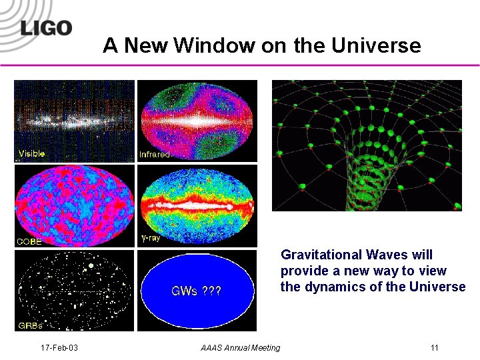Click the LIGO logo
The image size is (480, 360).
click(45, 29)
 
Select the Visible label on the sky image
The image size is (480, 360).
click(32, 154)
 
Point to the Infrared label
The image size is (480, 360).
click(155, 155)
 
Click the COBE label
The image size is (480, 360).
click(29, 241)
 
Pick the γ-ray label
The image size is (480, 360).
click(151, 238)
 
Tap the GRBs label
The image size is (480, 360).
click(29, 326)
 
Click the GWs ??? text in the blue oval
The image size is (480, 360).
click(196, 291)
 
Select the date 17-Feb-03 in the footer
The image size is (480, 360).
click(59, 348)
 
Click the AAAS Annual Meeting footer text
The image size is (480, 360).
click(241, 348)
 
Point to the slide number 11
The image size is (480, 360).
click(435, 348)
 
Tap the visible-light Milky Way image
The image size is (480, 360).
click(74, 120)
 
